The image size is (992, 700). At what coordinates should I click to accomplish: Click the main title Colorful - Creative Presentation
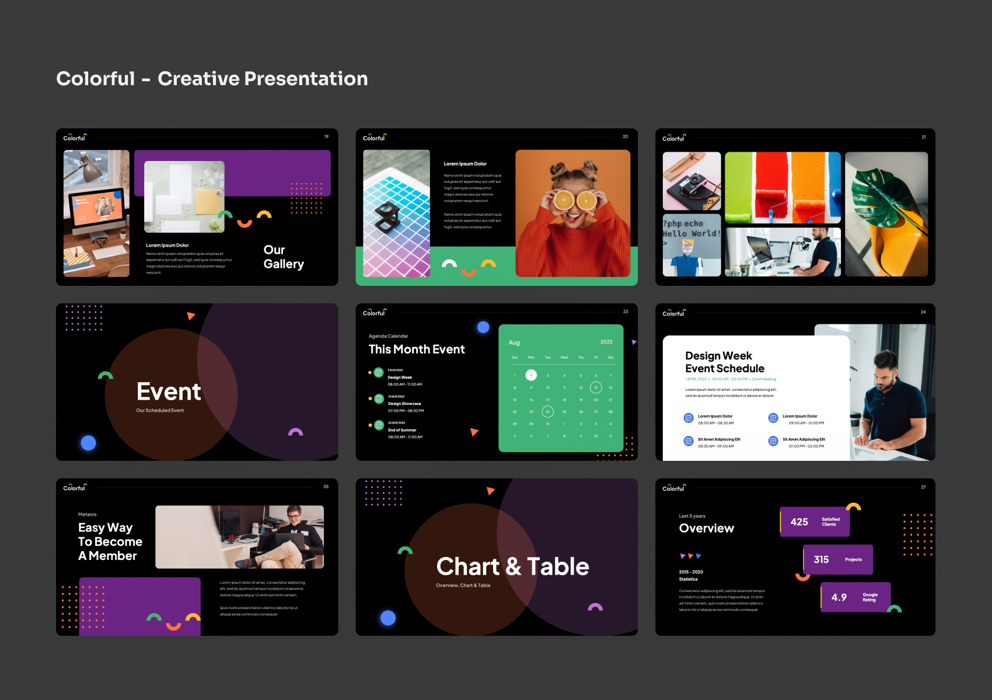click(212, 79)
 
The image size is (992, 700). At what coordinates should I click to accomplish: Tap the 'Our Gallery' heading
click(284, 257)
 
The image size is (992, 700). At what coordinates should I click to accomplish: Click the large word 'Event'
click(169, 392)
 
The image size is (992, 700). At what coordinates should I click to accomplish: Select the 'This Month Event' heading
click(417, 349)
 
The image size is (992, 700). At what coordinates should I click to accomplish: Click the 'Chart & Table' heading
click(512, 566)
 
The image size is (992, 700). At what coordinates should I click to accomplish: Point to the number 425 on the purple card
click(799, 522)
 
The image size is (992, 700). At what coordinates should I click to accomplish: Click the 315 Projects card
click(837, 559)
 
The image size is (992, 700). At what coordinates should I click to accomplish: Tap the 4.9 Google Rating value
click(839, 597)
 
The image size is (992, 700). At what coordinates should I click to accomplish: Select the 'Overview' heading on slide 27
click(706, 528)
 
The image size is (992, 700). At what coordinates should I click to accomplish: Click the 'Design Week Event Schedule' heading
click(724, 362)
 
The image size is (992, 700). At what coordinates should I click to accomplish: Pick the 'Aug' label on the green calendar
click(514, 342)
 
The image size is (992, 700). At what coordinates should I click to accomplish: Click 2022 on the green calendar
click(606, 342)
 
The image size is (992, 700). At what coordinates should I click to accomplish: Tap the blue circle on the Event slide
click(88, 443)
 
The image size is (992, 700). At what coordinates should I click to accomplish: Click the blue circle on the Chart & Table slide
click(388, 618)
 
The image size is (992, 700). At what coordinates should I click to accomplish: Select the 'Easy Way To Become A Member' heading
click(110, 542)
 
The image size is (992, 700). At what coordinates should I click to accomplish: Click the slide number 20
click(625, 136)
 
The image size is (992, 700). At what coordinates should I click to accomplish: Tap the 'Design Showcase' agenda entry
click(404, 404)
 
